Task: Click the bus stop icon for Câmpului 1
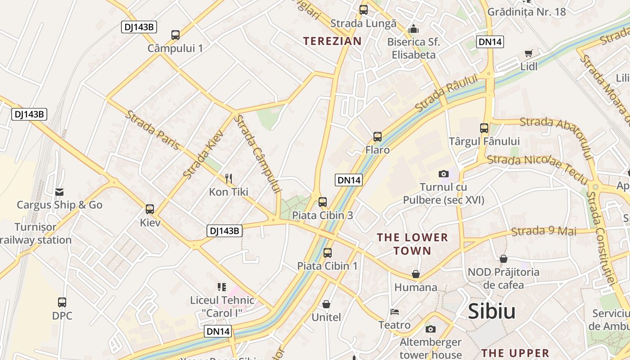175,35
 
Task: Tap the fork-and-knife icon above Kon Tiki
229,179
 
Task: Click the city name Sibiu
491,311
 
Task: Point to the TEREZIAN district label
332,41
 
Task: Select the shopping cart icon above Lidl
529,54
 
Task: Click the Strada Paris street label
153,130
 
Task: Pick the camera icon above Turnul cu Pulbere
443,174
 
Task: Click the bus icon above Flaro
378,136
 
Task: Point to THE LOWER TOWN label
412,244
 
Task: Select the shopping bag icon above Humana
416,274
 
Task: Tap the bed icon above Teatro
394,311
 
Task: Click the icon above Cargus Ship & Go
59,192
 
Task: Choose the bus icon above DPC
62,302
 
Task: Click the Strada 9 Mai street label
544,231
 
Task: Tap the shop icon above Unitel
326,304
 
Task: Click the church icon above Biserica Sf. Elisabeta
414,29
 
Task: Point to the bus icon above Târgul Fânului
484,128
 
